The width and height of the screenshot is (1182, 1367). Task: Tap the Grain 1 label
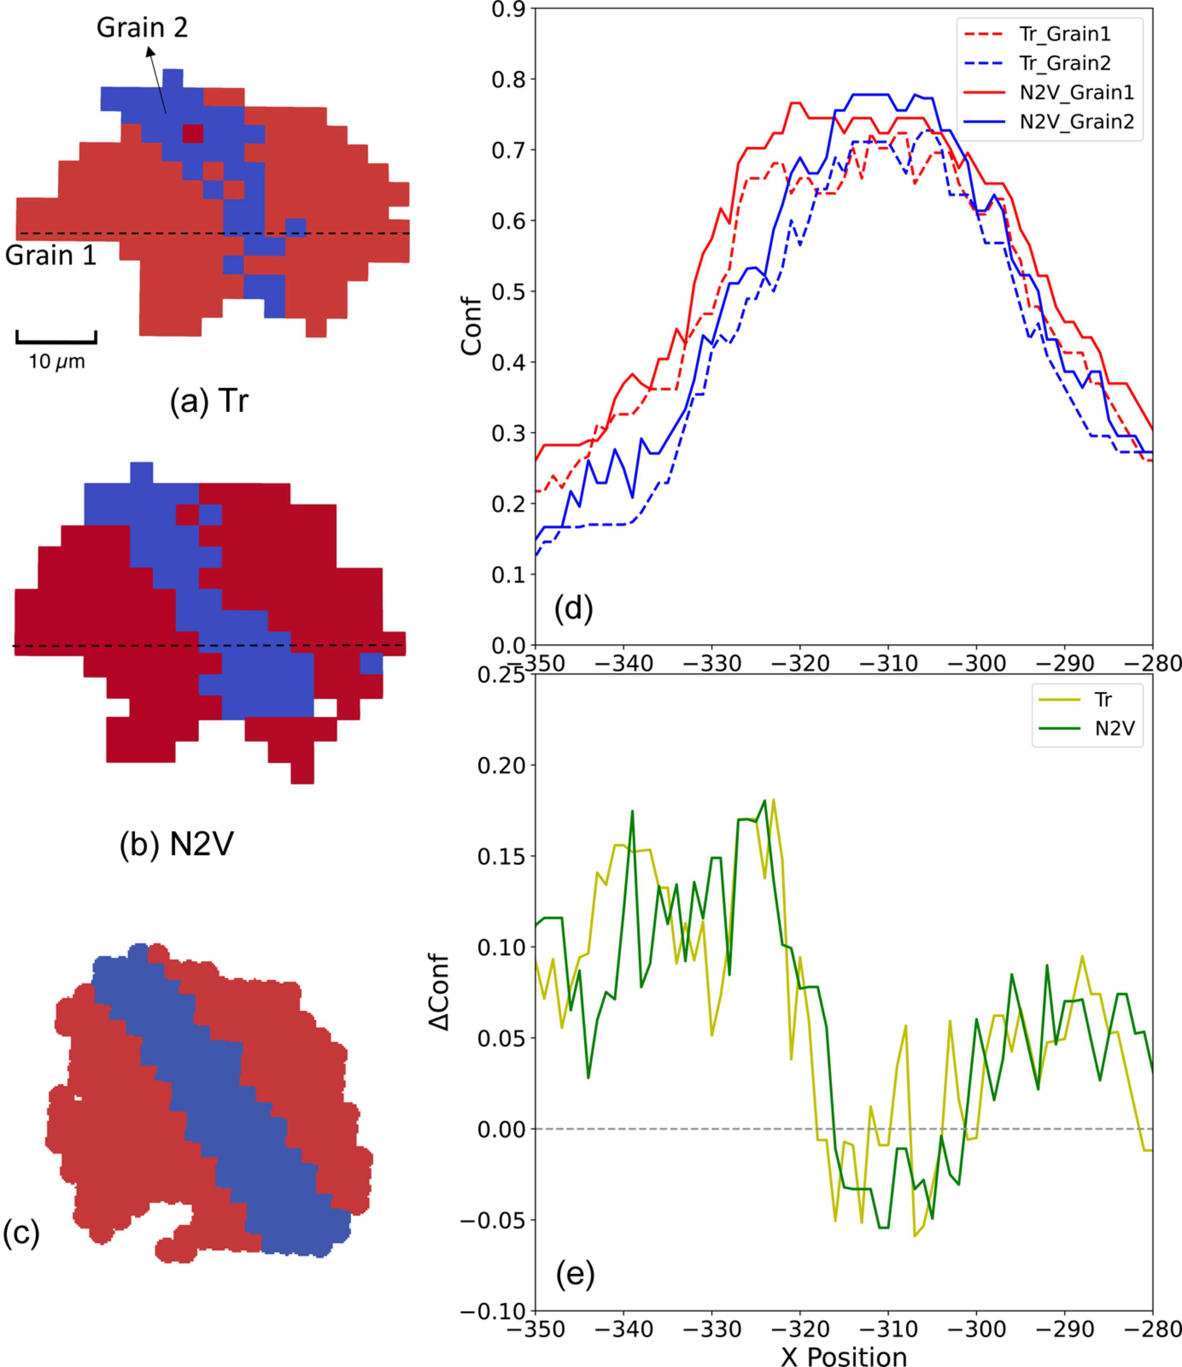coord(51,256)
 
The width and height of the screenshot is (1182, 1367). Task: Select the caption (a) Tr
coord(209,400)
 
